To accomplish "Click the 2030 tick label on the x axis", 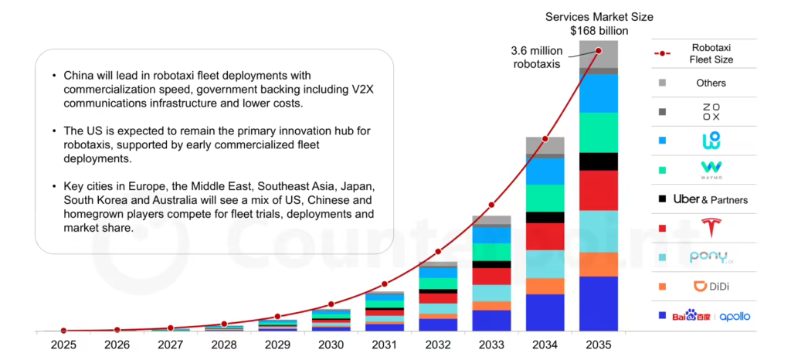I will coord(331,345).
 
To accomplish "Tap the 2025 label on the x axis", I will coord(63,345).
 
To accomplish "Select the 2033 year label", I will coord(491,345).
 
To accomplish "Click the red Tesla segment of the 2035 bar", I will coord(599,190).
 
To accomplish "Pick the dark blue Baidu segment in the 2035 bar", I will coord(599,304).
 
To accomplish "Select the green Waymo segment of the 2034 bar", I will coord(545,198).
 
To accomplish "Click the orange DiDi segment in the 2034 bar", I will coord(545,286).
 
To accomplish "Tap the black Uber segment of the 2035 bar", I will coord(599,161).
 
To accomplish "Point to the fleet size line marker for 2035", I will coord(599,51).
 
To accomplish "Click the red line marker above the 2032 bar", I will coord(438,251).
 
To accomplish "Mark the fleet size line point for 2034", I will coord(545,139).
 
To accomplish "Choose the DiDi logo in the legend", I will coord(711,287).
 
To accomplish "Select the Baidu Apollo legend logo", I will coord(711,316).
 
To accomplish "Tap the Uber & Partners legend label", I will coord(711,199).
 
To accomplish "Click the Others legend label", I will coord(711,83).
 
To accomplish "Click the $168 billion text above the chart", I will coord(599,30).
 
